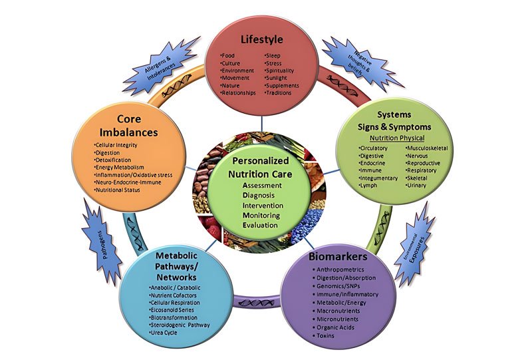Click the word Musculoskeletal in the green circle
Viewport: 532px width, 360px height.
click(429, 148)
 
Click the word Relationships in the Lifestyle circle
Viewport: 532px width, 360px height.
click(241, 93)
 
